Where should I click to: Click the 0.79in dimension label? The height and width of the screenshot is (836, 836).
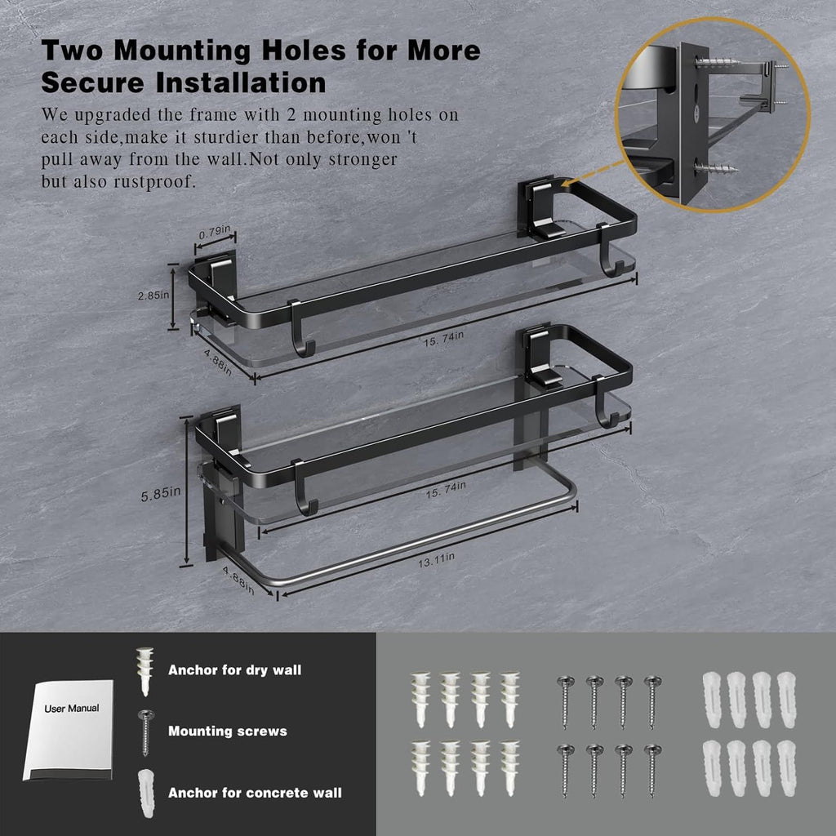tap(215, 233)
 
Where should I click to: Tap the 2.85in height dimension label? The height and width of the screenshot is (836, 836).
tap(153, 295)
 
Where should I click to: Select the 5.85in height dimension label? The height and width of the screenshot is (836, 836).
tap(160, 494)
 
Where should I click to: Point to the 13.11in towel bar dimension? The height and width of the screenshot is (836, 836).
tap(436, 560)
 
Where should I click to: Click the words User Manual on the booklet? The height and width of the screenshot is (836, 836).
tap(72, 709)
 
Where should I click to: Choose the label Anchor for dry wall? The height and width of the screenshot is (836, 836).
tap(234, 670)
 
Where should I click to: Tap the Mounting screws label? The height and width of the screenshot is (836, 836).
tap(228, 731)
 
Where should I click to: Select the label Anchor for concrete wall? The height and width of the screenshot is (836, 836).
tap(255, 793)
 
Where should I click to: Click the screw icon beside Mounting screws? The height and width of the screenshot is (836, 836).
tap(145, 732)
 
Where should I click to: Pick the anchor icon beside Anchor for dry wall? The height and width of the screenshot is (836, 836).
tap(145, 671)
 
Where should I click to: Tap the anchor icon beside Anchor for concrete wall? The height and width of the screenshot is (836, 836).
tap(145, 794)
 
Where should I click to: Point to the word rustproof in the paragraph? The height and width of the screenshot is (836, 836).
tap(154, 182)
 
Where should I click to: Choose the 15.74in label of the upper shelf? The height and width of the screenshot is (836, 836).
tap(443, 339)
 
